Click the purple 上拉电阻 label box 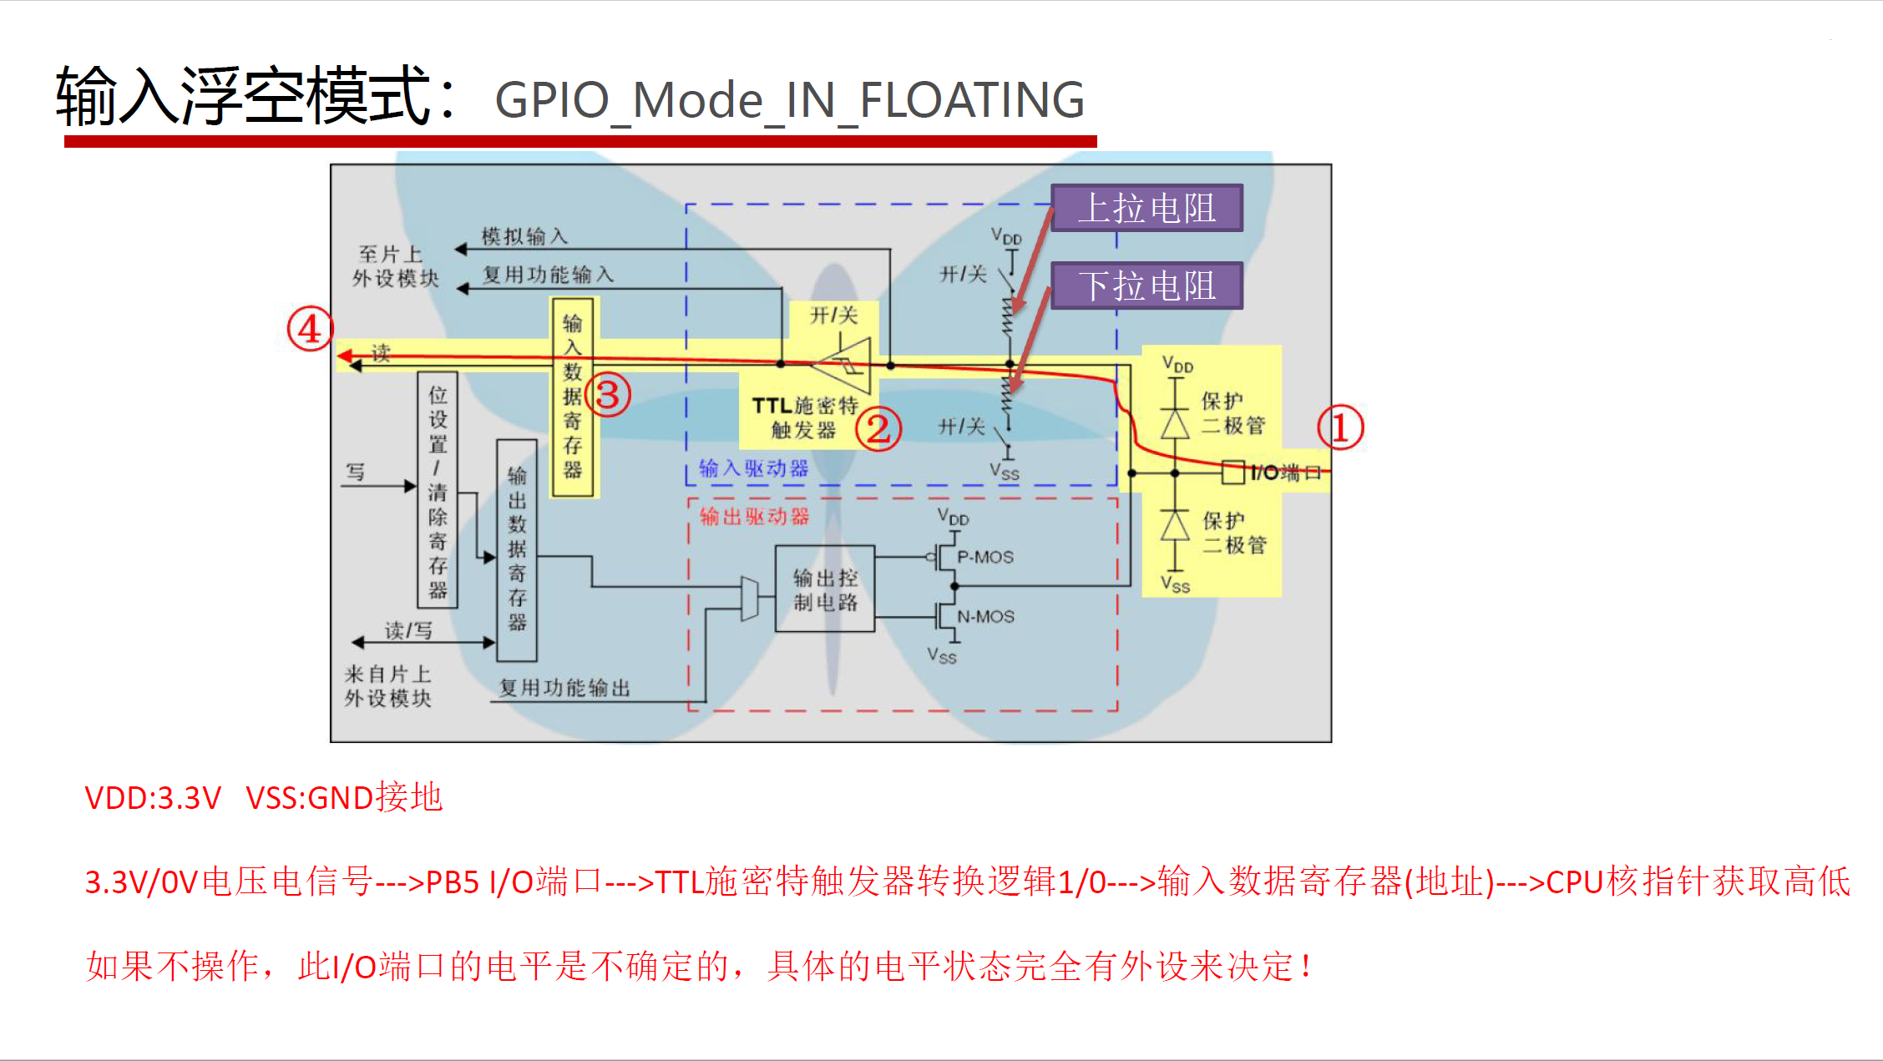pos(1147,208)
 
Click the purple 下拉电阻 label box pos(1147,285)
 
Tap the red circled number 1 pos(1340,427)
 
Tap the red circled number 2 pos(878,429)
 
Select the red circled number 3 pos(608,395)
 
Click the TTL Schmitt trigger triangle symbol pos(843,365)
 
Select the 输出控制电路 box pos(825,589)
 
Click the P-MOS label pos(985,557)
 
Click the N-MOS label pos(985,617)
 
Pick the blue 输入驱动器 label pos(753,468)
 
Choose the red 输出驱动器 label pos(754,517)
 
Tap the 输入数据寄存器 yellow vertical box pos(573,397)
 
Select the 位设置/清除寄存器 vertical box pos(438,490)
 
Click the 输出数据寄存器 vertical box pos(517,550)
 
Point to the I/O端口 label pos(1285,472)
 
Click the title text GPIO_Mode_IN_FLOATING pos(789,100)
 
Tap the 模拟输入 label pos(524,236)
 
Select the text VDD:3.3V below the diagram pos(153,798)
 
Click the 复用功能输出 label pos(564,688)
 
